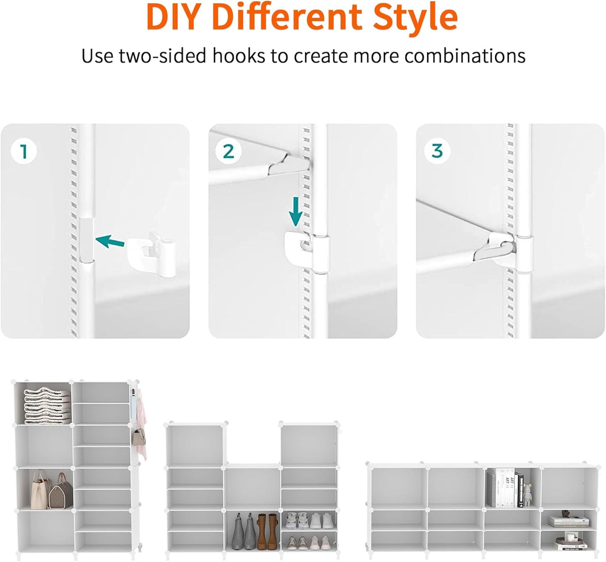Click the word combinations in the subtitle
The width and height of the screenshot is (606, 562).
465,56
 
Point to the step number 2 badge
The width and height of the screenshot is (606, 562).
229,151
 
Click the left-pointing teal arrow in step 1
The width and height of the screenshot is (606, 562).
110,241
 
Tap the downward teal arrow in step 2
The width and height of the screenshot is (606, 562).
296,212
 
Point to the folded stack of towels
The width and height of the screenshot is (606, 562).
47,405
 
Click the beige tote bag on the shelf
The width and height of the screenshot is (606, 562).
41,489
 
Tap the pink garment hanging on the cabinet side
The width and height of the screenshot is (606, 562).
142,419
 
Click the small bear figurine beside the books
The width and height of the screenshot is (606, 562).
527,495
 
